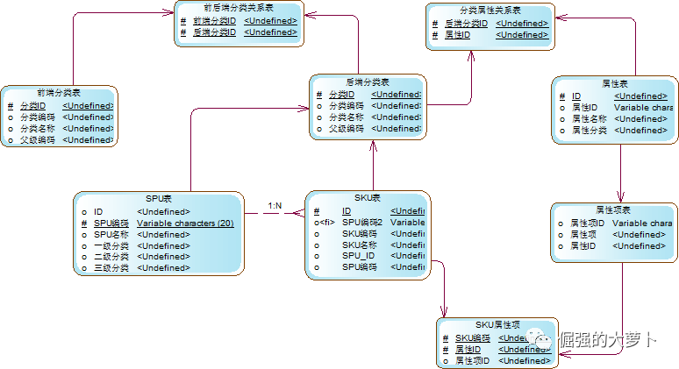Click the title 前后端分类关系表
[238, 8]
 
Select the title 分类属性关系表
[490, 11]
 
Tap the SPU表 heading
[159, 199]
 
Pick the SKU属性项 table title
[498, 325]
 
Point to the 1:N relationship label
[275, 206]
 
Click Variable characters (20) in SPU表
[182, 223]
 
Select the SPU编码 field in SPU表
[111, 223]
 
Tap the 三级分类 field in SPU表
[111, 267]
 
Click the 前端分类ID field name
[214, 20]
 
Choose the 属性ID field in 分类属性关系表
[459, 35]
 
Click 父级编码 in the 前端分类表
[38, 139]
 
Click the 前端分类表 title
[58, 92]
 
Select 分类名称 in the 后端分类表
[347, 117]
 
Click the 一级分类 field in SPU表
[111, 245]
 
